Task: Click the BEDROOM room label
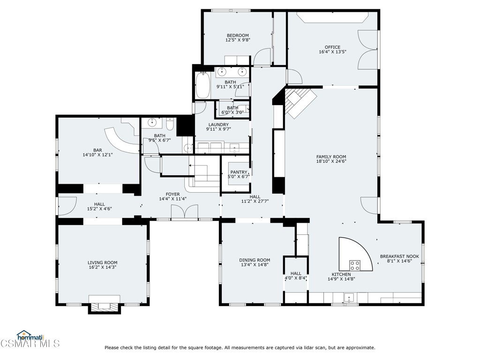(238, 36)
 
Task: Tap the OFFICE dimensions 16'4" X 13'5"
(332, 52)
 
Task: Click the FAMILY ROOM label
(331, 157)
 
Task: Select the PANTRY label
(238, 172)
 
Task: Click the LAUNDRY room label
(218, 125)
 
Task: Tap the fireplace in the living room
(104, 306)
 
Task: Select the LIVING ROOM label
(102, 263)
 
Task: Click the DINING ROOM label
(255, 260)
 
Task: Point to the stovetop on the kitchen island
(355, 266)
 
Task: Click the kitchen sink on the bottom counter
(349, 298)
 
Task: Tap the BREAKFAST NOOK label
(399, 256)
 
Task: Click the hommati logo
(30, 336)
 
